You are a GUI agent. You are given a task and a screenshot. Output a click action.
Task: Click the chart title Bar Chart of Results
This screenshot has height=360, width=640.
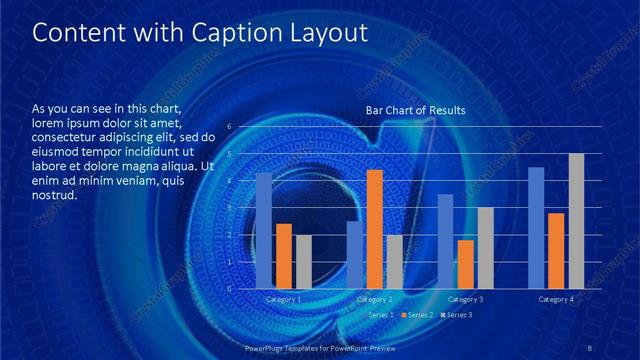[x=415, y=110]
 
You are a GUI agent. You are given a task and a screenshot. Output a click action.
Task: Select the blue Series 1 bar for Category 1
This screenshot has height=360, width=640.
[x=264, y=231]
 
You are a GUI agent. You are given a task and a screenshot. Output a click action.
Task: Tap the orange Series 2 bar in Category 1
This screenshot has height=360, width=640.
[x=284, y=256]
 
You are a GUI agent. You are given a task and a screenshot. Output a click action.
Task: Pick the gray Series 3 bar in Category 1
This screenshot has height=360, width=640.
[x=303, y=262]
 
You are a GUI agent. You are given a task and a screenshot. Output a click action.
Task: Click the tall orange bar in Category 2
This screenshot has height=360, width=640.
[x=375, y=229]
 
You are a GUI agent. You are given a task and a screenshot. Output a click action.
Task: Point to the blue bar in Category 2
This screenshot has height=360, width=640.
[x=355, y=255]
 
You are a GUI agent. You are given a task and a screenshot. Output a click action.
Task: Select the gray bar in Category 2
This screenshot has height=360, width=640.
[x=394, y=262]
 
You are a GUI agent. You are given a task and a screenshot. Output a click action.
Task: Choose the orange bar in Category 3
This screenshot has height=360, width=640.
[x=465, y=264]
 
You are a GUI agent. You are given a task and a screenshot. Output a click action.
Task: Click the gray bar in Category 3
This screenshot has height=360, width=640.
[x=485, y=248]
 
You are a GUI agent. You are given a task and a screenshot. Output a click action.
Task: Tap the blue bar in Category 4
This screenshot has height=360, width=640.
[x=536, y=228]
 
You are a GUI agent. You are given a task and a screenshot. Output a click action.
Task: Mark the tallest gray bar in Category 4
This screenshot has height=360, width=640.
[x=576, y=221]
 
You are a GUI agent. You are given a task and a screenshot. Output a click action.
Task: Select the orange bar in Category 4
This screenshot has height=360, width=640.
[x=556, y=251]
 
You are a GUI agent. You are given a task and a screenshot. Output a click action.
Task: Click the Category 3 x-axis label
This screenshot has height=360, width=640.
[x=465, y=299]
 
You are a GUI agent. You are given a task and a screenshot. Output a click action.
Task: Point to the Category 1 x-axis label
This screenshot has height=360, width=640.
[x=284, y=299]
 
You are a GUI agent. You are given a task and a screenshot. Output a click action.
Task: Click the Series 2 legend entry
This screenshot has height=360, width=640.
[x=419, y=315]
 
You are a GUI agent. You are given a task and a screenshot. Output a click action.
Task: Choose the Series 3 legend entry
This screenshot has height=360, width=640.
[x=459, y=315]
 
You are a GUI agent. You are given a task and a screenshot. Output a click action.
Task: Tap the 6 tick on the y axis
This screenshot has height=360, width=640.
[x=230, y=127]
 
